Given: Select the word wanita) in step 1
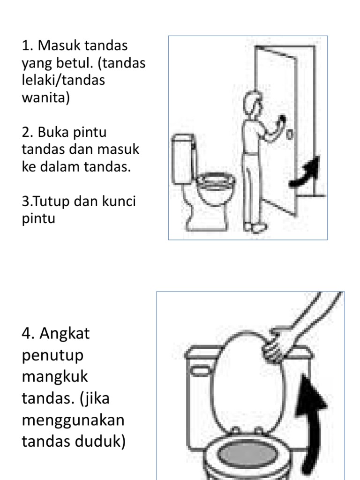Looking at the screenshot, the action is click(x=46, y=97).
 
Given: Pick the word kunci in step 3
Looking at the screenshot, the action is click(x=119, y=201).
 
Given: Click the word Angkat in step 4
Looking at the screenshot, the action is click(x=65, y=334).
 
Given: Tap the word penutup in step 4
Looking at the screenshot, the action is click(x=52, y=356).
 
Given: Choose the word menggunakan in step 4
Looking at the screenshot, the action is click(x=73, y=420).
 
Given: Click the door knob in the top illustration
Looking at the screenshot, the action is click(x=290, y=134).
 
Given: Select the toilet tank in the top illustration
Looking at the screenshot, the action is click(x=183, y=158).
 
